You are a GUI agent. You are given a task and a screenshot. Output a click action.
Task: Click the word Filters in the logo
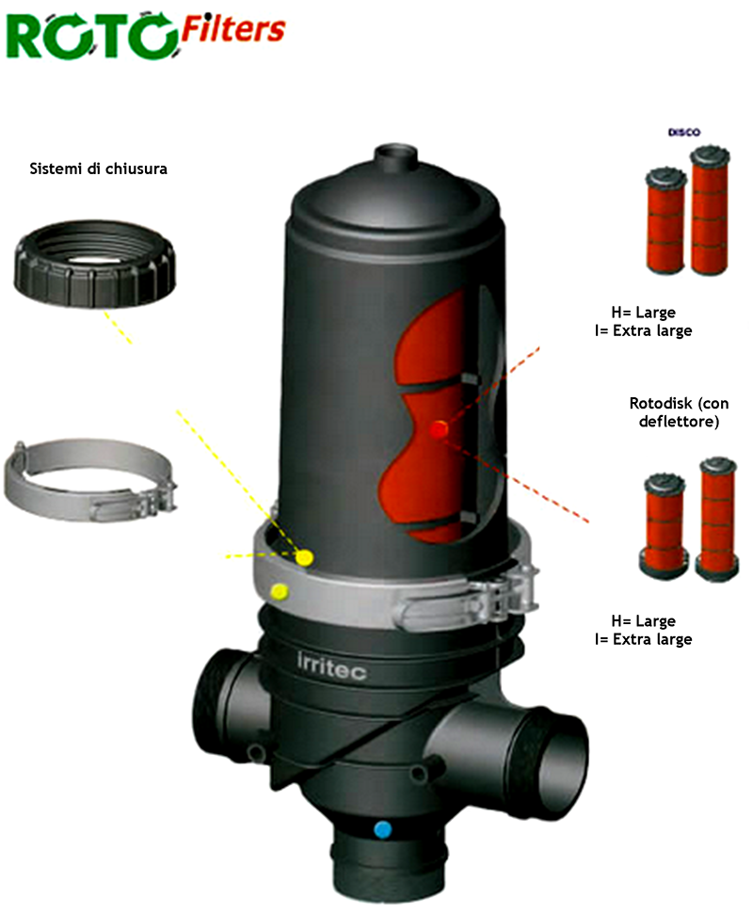click(x=233, y=28)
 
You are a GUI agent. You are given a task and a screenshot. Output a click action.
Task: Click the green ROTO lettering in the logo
click(x=91, y=36)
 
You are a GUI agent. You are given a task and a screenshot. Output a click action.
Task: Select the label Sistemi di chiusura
click(x=99, y=169)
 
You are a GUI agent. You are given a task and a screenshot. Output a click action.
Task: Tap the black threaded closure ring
click(x=94, y=264)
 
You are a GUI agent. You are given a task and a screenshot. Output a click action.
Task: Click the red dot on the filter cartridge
click(x=439, y=430)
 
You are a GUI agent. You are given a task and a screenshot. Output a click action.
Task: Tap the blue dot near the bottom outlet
click(x=383, y=829)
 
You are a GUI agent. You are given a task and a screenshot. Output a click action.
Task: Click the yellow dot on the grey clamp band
click(x=280, y=592)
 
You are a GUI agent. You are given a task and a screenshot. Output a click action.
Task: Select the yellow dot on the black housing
click(x=304, y=558)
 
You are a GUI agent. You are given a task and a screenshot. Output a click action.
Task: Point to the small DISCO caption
click(x=683, y=133)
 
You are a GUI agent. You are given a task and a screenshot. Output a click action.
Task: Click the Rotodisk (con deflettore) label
click(x=679, y=412)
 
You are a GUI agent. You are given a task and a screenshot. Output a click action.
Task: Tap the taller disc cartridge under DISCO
click(x=710, y=211)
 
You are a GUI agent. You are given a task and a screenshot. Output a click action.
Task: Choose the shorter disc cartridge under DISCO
click(x=665, y=219)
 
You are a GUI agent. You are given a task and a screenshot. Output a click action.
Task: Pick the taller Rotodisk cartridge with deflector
click(x=718, y=519)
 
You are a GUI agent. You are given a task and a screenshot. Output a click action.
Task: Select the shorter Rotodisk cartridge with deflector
click(x=665, y=525)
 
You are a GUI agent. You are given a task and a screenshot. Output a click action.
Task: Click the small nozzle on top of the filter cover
click(x=396, y=156)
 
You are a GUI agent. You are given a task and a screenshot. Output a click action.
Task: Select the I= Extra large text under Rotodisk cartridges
click(x=644, y=639)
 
